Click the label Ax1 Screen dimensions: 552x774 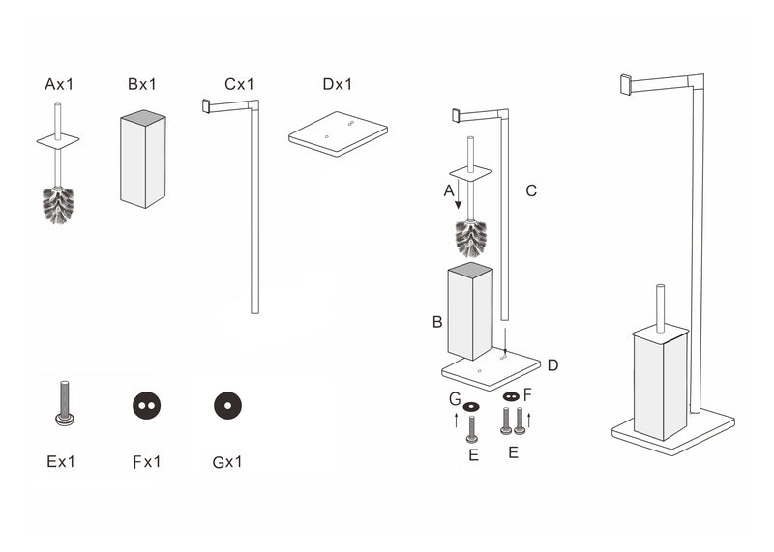59,85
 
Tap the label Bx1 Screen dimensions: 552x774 141,85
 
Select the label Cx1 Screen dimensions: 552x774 239,85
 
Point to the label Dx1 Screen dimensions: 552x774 338,85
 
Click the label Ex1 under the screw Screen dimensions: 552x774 61,461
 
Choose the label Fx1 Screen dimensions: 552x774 146,461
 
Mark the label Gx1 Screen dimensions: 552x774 228,461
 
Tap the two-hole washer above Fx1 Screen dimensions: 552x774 146,406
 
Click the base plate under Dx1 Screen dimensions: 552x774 338,136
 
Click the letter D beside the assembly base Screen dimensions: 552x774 551,364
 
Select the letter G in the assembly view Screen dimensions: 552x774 454,397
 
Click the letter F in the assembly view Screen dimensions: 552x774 528,393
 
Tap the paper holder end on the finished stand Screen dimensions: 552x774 626,84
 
